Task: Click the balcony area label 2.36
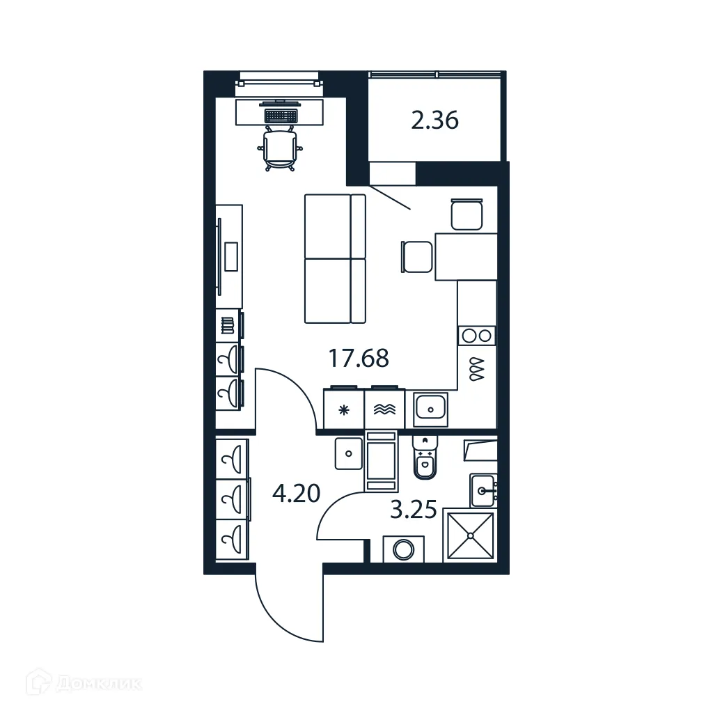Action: coord(434,121)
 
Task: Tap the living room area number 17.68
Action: coord(358,359)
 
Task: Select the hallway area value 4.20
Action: coord(296,494)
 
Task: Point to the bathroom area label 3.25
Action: coord(413,510)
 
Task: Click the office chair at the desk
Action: coord(281,148)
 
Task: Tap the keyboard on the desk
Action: coord(281,113)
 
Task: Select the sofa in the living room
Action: coord(334,258)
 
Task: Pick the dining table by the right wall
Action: coord(465,256)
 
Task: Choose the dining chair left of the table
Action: coord(416,256)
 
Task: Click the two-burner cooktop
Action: coord(476,336)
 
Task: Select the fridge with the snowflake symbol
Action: coord(344,409)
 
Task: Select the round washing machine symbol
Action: coord(403,549)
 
